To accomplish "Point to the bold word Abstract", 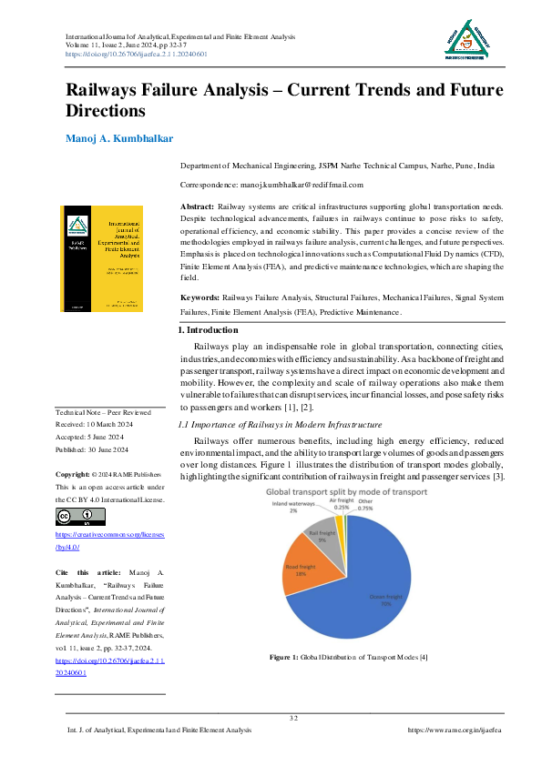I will tap(198, 208).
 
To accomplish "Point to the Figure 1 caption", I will tap(349, 657).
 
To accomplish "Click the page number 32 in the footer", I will tap(293, 719).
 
